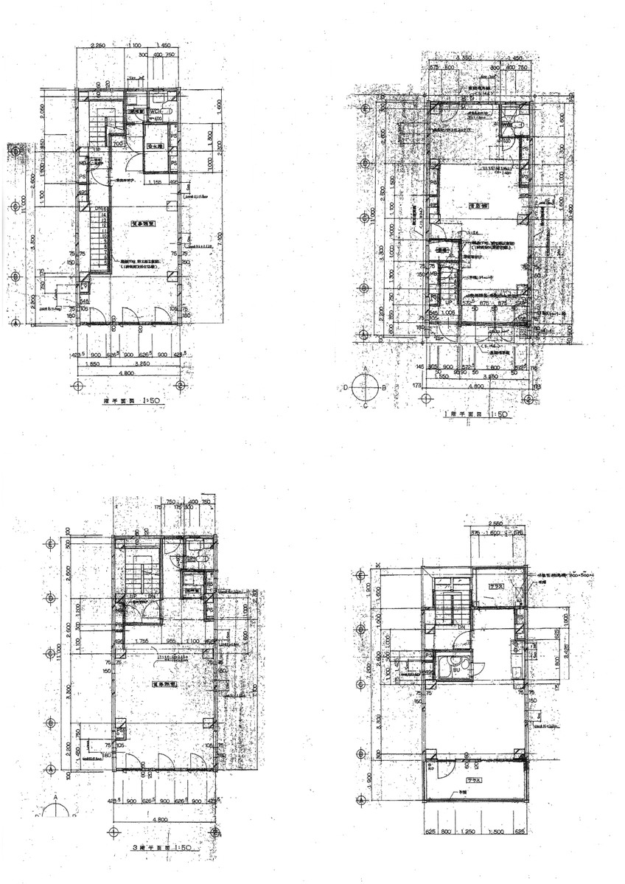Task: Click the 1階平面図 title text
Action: click(475, 415)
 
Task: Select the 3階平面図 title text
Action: click(161, 848)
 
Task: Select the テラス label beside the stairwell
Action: click(495, 587)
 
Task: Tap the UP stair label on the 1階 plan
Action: click(447, 303)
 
